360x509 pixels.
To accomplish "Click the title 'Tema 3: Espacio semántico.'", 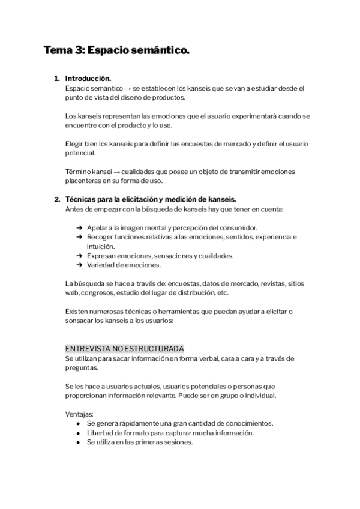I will tap(116, 51).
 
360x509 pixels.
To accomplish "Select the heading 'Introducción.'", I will tap(88, 79).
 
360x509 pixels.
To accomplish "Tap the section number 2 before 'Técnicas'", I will tap(56, 199).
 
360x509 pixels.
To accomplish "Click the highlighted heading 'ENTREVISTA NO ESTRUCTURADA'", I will tap(124, 349).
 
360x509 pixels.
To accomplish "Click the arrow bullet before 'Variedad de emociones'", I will tap(79, 265).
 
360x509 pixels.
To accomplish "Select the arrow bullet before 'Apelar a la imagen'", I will tap(79, 227).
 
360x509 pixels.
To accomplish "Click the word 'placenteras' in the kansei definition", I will tap(85, 181).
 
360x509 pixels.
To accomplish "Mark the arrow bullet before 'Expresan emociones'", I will tap(79, 256).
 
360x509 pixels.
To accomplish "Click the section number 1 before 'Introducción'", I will tap(56, 79).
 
